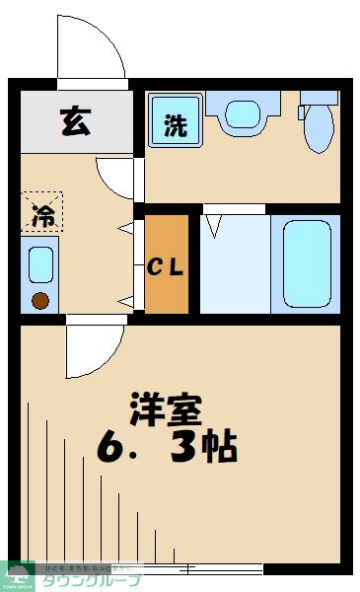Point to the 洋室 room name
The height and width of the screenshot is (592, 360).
point(165,408)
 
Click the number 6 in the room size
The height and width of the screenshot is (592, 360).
point(113,449)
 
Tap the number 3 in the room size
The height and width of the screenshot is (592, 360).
point(186,449)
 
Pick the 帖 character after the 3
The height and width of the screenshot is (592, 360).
point(219,449)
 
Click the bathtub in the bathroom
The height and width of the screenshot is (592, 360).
point(306,262)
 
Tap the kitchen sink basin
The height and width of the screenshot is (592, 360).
point(40,265)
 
